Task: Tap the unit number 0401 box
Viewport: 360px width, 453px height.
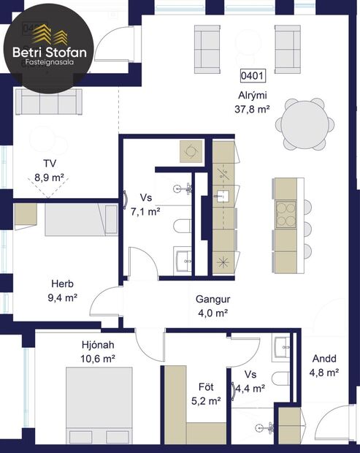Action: (252, 75)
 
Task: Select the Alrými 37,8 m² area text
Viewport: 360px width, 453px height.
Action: (253, 102)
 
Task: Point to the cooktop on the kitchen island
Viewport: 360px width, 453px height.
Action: (286, 213)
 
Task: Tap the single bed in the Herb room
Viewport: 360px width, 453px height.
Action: (80, 220)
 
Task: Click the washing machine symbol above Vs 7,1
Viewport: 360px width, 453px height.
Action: (191, 151)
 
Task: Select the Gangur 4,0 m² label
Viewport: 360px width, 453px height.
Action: (212, 306)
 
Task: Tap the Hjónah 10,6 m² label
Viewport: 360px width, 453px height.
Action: (98, 351)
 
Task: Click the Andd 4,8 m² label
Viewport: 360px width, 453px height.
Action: (324, 365)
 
